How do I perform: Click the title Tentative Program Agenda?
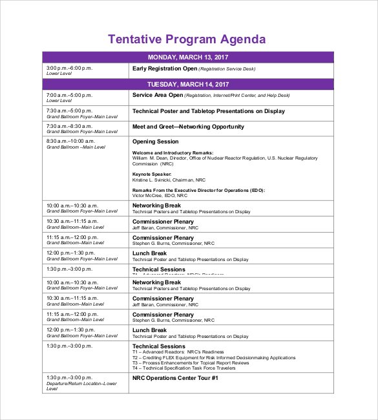coord(187,39)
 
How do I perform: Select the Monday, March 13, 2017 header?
coord(188,57)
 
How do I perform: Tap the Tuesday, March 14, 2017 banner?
coord(188,85)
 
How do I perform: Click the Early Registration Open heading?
coord(164,68)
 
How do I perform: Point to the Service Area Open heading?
coord(158,95)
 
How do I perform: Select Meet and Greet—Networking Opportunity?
coord(188,127)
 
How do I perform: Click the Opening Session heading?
coord(155,142)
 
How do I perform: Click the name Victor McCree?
coord(147,196)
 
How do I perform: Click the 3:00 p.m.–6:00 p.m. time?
coord(68,68)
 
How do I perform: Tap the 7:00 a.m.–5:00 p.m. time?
coord(68,95)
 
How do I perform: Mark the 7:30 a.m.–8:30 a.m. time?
coord(68,126)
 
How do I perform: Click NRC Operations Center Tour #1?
coord(175,377)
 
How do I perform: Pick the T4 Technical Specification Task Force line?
coord(205,368)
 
